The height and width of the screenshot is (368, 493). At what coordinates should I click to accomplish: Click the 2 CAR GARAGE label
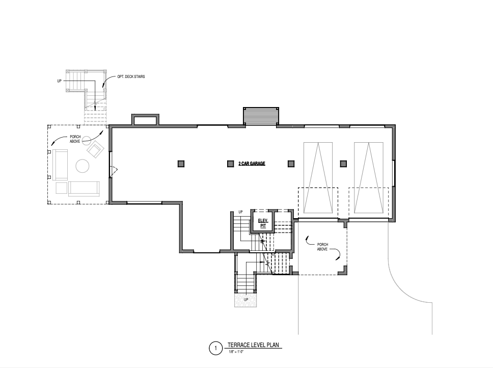point(252,164)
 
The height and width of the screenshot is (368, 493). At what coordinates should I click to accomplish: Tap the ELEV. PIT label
point(263,223)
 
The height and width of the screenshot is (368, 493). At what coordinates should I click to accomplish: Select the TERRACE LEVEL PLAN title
point(254,345)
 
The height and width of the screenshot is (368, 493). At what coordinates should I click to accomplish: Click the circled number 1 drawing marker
point(216,348)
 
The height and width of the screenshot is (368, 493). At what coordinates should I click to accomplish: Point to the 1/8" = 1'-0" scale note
point(236,352)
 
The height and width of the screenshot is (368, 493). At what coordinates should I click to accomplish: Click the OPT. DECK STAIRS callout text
point(131,76)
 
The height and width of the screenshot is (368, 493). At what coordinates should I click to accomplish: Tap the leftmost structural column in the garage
point(181,164)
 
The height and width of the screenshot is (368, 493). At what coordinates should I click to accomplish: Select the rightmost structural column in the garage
point(343,164)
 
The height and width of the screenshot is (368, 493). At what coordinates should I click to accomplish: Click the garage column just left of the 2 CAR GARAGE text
point(231,164)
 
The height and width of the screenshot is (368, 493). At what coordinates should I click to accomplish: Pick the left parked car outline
point(318,178)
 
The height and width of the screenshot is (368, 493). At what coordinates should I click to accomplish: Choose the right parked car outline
point(369,178)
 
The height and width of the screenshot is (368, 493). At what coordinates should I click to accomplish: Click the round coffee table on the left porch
point(83,166)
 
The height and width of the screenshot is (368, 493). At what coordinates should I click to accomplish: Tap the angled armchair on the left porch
point(96,149)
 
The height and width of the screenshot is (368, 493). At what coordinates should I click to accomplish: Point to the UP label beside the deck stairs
point(60,81)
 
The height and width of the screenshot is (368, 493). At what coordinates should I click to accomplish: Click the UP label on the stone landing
point(246,299)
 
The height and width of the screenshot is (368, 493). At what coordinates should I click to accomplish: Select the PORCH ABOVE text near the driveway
point(322,247)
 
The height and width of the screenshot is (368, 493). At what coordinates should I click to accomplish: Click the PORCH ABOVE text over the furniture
point(75,139)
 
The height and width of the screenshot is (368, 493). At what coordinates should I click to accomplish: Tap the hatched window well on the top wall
point(261,116)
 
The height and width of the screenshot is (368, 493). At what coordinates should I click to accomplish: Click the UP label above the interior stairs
point(240,212)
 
